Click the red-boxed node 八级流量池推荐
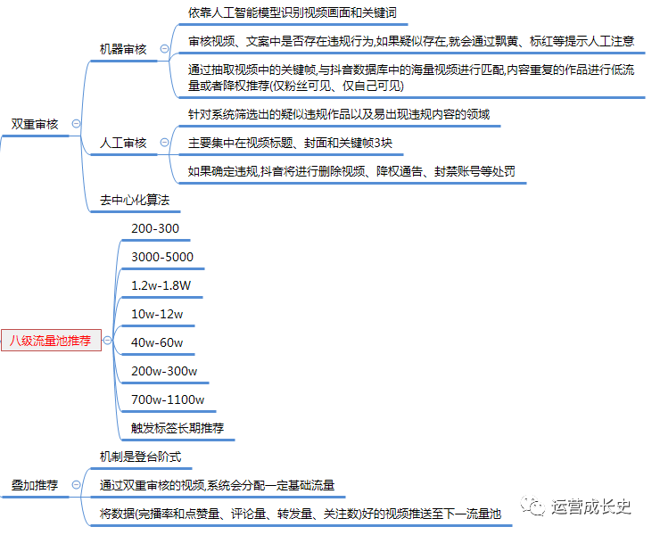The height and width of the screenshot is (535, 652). [51, 341]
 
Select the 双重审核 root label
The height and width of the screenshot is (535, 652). [35, 124]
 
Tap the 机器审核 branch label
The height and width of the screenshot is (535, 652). [123, 49]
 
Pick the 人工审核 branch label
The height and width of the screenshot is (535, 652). [123, 143]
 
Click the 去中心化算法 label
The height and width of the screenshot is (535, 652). [135, 200]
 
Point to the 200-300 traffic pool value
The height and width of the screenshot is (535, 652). [155, 228]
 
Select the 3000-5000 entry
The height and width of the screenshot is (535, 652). [162, 257]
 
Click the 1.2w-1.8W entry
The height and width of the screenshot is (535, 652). [161, 285]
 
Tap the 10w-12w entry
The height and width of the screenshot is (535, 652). [157, 314]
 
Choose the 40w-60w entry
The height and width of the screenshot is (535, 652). [157, 342]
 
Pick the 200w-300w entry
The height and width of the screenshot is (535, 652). [164, 371]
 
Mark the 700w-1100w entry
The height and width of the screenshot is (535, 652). [168, 399]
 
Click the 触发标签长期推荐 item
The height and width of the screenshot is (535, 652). [177, 428]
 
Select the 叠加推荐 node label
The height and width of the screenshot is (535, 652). [35, 485]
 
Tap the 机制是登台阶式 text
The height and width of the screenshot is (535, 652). [141, 457]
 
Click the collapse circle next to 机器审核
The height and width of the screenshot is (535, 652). [165, 49]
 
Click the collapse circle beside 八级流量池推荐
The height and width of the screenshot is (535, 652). [107, 341]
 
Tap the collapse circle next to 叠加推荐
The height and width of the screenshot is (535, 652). [76, 485]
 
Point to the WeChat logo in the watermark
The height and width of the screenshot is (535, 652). [532, 506]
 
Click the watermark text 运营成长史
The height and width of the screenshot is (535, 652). [590, 506]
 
